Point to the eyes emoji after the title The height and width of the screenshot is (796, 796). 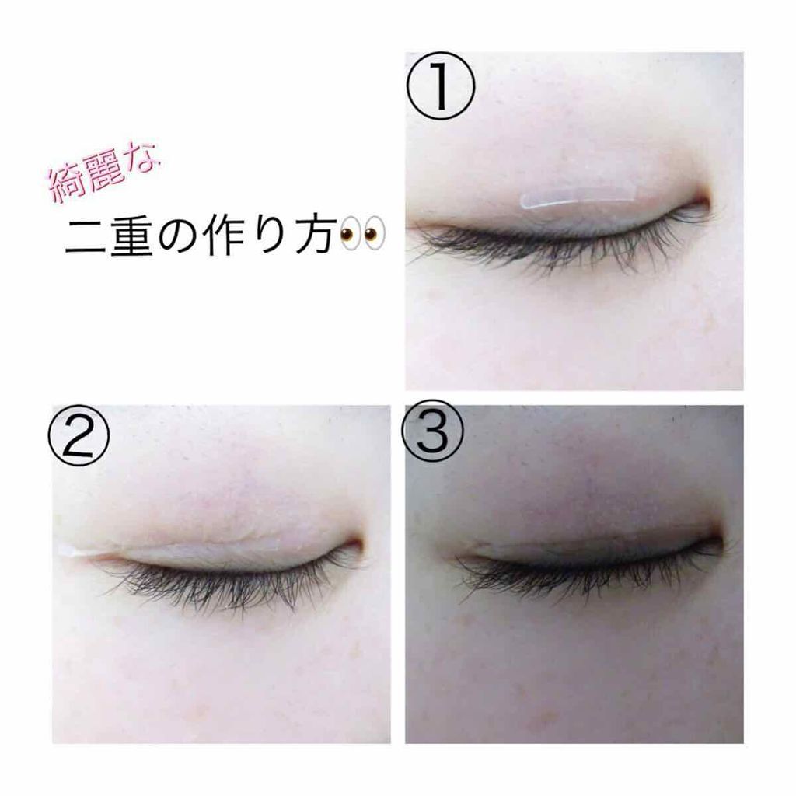click(x=363, y=234)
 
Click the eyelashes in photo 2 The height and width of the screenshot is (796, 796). click(x=225, y=587)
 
